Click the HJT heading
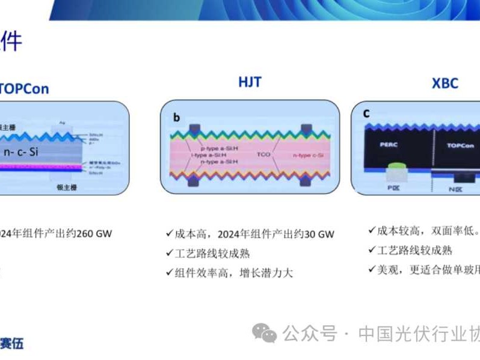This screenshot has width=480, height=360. tap(250, 82)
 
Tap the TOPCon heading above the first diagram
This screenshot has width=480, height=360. tap(24, 89)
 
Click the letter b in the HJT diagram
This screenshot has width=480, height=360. tap(176, 118)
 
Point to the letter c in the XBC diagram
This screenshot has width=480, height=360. tap(366, 113)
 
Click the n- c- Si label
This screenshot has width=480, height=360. tap(21, 152)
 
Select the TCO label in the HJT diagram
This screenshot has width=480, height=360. tap(263, 154)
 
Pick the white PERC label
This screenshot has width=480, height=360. tap(390, 145)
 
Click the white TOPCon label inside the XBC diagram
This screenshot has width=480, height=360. tap(460, 145)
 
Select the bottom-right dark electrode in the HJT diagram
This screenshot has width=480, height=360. tap(306, 180)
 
